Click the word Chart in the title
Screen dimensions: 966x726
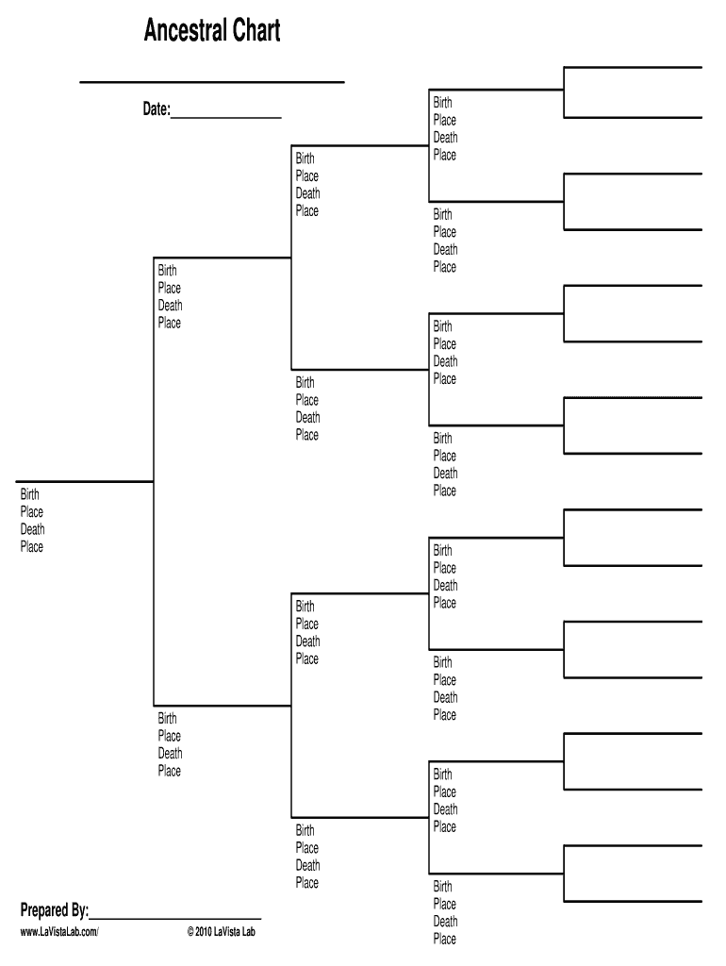pos(253,32)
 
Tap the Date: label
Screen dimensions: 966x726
pos(156,110)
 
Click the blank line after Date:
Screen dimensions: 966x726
pos(226,116)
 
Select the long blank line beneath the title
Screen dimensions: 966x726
pos(212,82)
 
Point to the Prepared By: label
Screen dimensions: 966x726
pos(55,910)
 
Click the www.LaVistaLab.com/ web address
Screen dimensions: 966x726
pos(59,932)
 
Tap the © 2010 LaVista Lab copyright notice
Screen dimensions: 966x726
pos(221,932)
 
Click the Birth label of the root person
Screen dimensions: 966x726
pos(30,494)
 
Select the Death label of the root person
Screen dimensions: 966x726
pos(32,529)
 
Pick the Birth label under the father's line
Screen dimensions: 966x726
pos(167,271)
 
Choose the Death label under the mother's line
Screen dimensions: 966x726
pos(170,753)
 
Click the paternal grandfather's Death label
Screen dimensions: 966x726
pos(307,193)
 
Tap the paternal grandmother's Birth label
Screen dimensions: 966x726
pos(305,382)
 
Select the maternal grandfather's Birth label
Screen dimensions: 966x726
pos(305,607)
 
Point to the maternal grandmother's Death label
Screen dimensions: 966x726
pos(307,865)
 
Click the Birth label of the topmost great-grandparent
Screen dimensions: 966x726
pos(442,103)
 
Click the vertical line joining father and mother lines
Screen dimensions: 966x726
pos(153,481)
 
